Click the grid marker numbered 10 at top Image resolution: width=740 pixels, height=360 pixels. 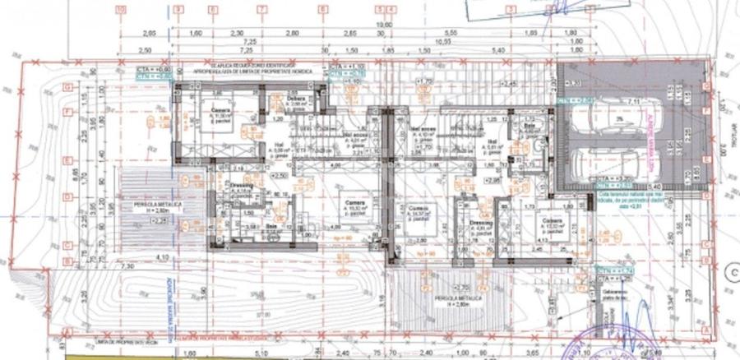(x=122, y=9)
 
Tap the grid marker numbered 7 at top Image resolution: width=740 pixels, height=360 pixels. (x=262, y=9)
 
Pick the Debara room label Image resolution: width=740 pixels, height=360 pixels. (x=297, y=99)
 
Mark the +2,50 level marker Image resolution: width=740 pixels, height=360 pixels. (x=279, y=175)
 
